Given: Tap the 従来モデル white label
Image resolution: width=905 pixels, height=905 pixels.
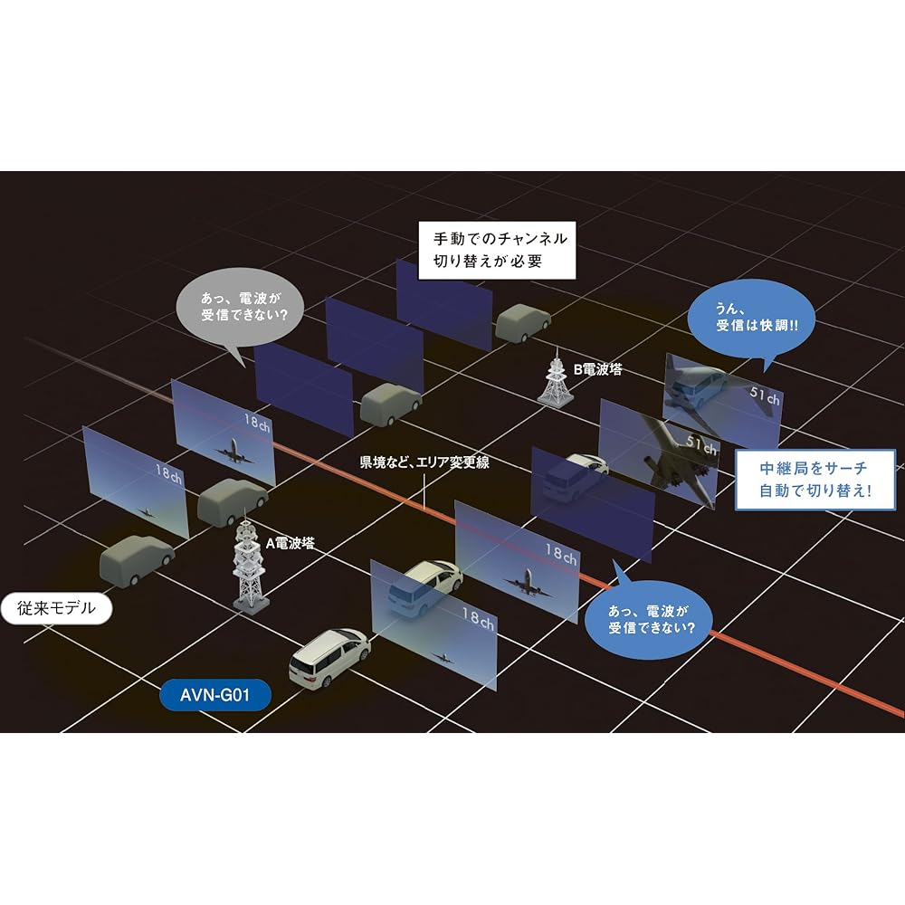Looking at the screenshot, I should click(x=56, y=609).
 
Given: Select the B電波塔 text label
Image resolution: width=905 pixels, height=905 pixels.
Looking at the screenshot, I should click(x=597, y=369).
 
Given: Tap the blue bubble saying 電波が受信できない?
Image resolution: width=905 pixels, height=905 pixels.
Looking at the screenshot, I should click(x=646, y=616).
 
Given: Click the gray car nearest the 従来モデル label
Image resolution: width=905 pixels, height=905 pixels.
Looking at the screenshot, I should click(x=136, y=560).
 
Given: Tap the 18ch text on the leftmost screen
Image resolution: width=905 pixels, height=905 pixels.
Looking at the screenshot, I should click(x=169, y=472).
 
